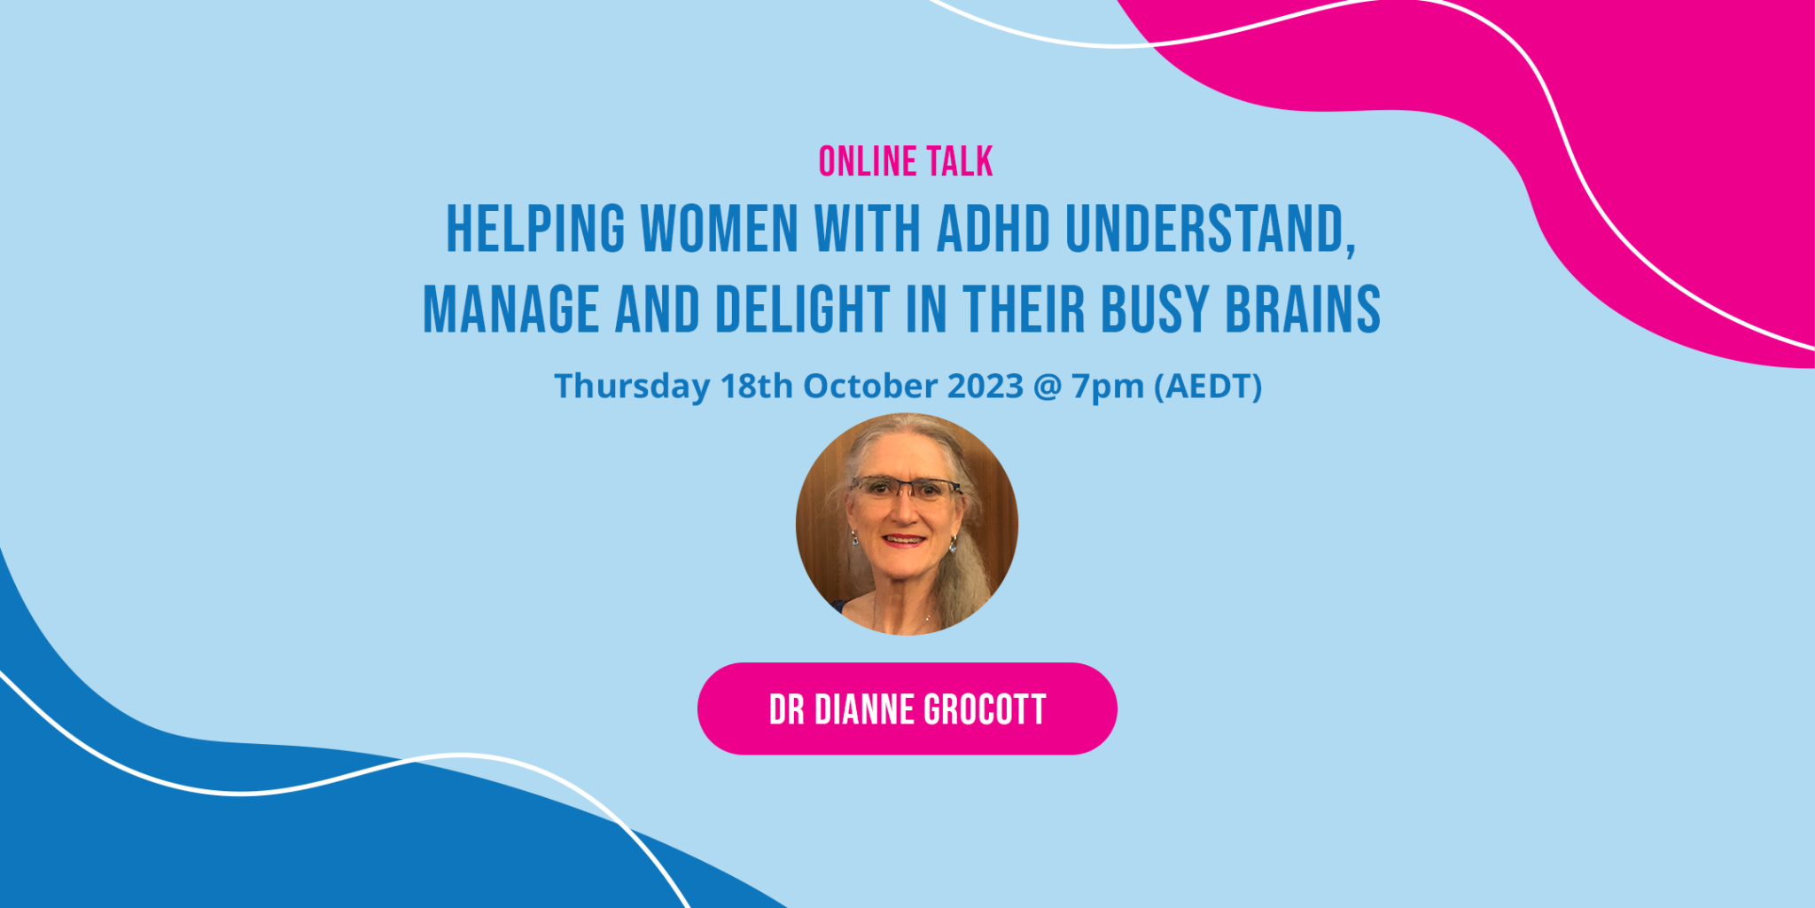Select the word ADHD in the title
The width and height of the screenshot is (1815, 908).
993,230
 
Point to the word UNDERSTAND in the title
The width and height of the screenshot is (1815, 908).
1209,230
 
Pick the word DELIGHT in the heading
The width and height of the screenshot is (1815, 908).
802,310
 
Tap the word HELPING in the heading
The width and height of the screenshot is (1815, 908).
535,230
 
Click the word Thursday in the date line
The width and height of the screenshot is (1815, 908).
632,387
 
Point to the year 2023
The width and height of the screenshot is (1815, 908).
985,387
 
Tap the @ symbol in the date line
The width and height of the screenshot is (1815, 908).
1048,387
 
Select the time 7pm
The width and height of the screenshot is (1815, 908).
1108,387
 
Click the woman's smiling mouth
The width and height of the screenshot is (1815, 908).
904,539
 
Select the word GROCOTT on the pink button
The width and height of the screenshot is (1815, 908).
985,710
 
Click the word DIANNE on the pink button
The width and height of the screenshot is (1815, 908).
864,710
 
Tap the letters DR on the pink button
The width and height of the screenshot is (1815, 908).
786,710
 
